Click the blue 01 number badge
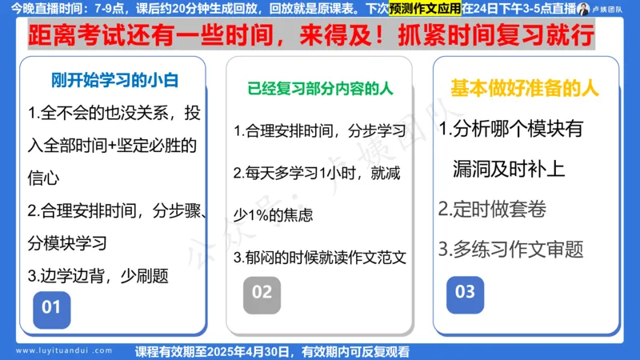point(52,308)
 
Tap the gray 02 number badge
point(262,293)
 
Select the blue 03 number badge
point(465,292)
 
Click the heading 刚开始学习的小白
point(114,80)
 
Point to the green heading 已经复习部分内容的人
point(320,89)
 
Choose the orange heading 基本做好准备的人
point(525,89)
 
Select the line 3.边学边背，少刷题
point(98,276)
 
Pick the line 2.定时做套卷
point(493,210)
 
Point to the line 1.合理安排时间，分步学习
point(319,130)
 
